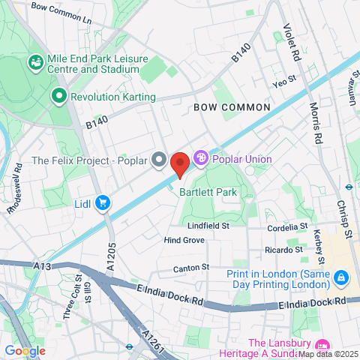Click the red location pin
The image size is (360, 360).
point(179,163)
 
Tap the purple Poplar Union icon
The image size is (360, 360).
point(200,158)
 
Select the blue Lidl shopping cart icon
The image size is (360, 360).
point(103,202)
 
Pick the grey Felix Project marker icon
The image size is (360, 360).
point(158,160)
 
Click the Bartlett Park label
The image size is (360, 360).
point(208,192)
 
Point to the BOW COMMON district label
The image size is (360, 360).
point(232,107)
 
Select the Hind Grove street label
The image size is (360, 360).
point(184,240)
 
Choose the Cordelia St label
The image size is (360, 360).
point(288,226)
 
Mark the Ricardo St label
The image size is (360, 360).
point(283,249)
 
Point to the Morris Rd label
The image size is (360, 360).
point(317,124)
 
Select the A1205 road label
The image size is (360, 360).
point(111,256)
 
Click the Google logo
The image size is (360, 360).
point(25,350)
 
